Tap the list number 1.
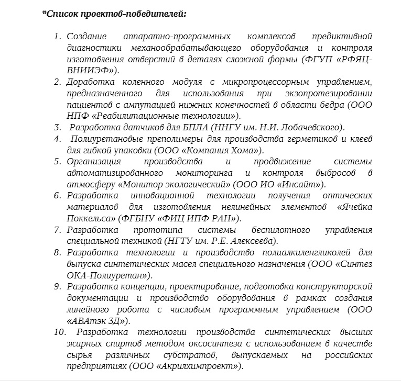coord(57,36)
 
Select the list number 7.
coord(57,230)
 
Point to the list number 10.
coord(59,332)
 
